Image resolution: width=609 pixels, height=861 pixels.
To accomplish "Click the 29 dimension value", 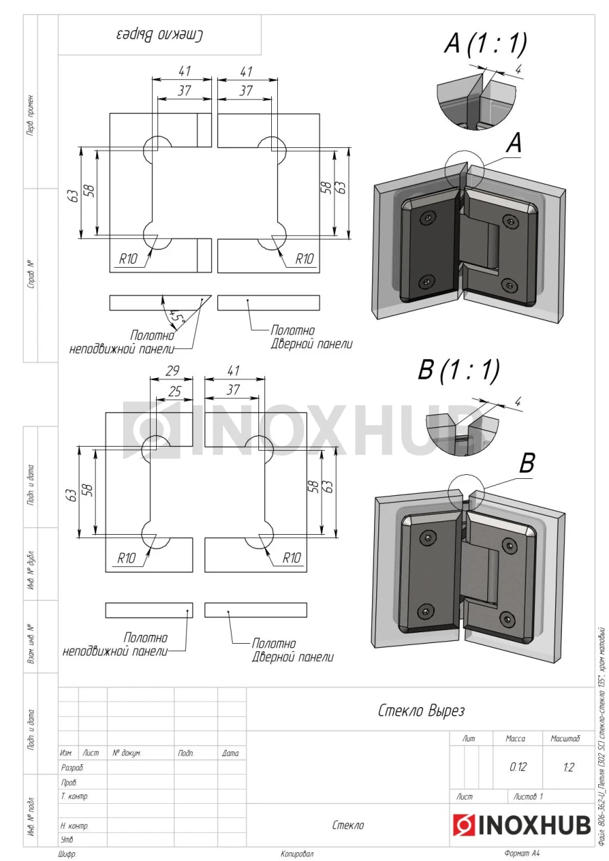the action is pos(173,371).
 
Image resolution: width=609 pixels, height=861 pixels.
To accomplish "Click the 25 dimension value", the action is pos(174,391).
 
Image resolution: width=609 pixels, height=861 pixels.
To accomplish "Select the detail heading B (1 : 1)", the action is pos(459,369).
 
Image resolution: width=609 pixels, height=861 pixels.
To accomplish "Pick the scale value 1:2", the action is pos(568,767).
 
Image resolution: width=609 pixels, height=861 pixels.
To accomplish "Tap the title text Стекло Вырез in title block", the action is pos(421,710).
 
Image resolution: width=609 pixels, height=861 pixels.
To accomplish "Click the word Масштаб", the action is pos(565,739).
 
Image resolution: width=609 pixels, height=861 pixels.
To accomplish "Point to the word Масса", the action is pos(515,739).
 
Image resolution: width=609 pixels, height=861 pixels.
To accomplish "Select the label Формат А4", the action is pos(522,854).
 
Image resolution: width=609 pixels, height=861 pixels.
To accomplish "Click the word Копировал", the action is pos(297,854).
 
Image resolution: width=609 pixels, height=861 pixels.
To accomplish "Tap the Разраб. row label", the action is pos(72,768).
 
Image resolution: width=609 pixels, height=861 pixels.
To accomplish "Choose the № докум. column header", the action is pos(127,753).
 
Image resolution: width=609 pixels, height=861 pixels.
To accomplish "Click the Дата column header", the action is pos(230,753).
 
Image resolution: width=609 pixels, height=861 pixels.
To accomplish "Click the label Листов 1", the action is pos(528,796).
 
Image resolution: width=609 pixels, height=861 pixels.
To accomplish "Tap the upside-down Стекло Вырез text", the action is pos(159,35).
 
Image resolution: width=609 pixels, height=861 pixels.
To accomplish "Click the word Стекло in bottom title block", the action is pos(348,825).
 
